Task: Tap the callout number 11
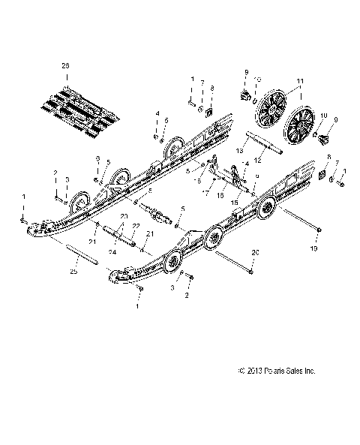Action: [x=280, y=80]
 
